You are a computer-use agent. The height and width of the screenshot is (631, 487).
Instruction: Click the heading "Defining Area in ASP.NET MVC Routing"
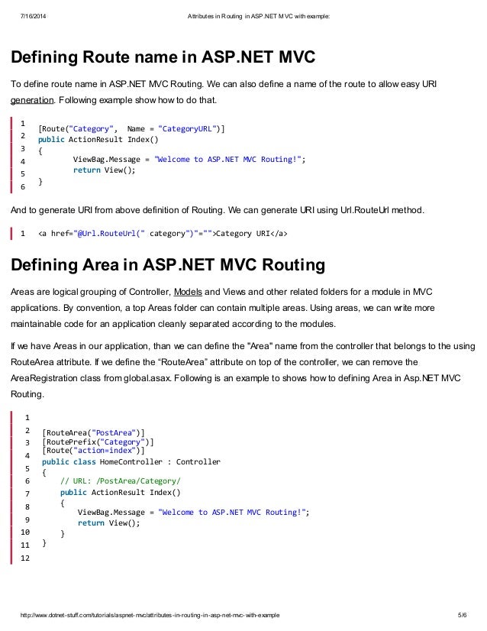coord(167,265)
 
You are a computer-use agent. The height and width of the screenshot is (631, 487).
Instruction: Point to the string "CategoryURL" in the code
coord(188,128)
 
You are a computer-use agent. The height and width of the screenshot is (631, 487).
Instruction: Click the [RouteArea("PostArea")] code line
coord(93,432)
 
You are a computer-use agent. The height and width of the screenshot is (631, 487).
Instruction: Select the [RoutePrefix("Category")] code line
coord(98,442)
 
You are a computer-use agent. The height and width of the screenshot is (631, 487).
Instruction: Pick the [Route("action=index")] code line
coord(93,451)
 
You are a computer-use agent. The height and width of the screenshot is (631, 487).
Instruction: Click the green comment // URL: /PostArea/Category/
coord(121,481)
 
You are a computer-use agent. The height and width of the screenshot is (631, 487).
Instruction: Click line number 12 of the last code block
coord(24,558)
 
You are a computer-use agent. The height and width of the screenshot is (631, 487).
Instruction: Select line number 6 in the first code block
coord(23,186)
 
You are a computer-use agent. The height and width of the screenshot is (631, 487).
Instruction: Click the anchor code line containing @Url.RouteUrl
coord(163,233)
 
